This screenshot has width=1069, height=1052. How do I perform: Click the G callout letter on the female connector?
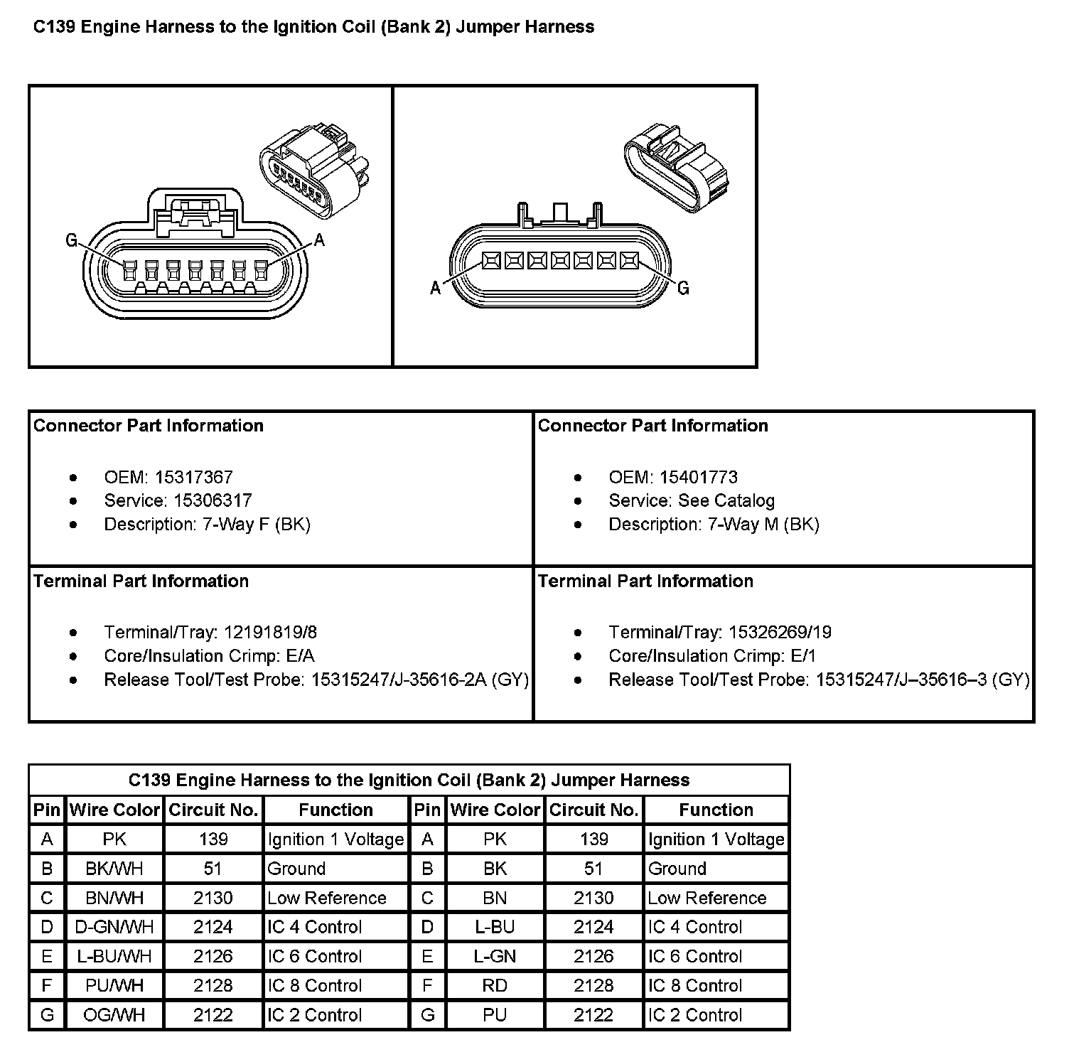point(71,241)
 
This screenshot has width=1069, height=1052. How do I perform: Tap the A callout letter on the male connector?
point(436,288)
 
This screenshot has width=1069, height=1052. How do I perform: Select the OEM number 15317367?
point(194,477)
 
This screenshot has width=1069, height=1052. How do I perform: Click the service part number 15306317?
point(213,500)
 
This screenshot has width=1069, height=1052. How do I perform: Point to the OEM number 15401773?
point(699,477)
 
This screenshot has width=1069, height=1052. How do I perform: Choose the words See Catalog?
point(726,500)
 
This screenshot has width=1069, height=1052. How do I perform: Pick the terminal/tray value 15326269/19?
point(777,632)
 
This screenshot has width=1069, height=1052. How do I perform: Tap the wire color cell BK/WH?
point(114,869)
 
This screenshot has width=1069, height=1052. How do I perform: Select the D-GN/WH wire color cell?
point(114,927)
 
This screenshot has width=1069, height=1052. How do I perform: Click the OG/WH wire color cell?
point(114,1015)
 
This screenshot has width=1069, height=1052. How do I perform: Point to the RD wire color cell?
point(495,986)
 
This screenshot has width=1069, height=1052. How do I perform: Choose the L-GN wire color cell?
point(495,956)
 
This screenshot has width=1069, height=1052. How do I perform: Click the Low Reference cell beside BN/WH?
point(327,898)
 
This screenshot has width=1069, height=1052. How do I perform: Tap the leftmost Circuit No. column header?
point(213,810)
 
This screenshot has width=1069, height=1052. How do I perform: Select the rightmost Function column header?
point(716,810)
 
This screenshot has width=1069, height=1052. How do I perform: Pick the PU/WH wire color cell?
point(114,986)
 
